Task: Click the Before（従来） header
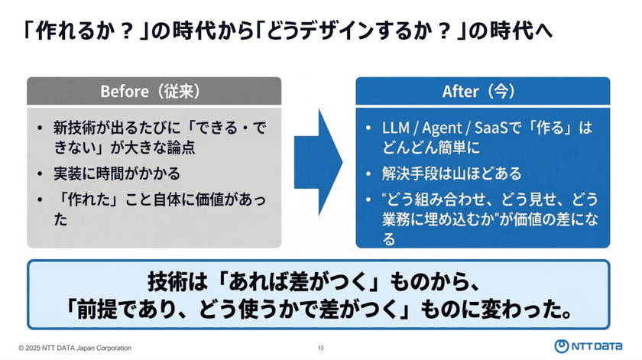pyautogui.click(x=154, y=91)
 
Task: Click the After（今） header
pyautogui.click(x=483, y=91)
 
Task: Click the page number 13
pyautogui.click(x=321, y=349)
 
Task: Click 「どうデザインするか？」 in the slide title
pyautogui.click(x=353, y=31)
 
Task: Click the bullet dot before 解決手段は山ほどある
pyautogui.click(x=368, y=173)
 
